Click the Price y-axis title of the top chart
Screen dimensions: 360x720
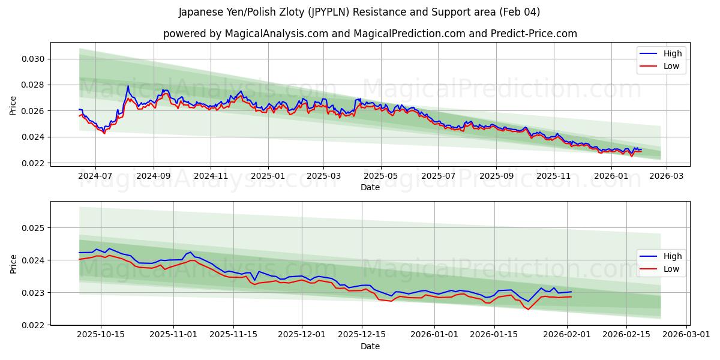pos(13,105)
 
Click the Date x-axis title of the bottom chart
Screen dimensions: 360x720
pos(370,346)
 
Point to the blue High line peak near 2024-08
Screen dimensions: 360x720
pos(128,86)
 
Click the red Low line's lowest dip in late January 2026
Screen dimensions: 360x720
pos(528,309)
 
